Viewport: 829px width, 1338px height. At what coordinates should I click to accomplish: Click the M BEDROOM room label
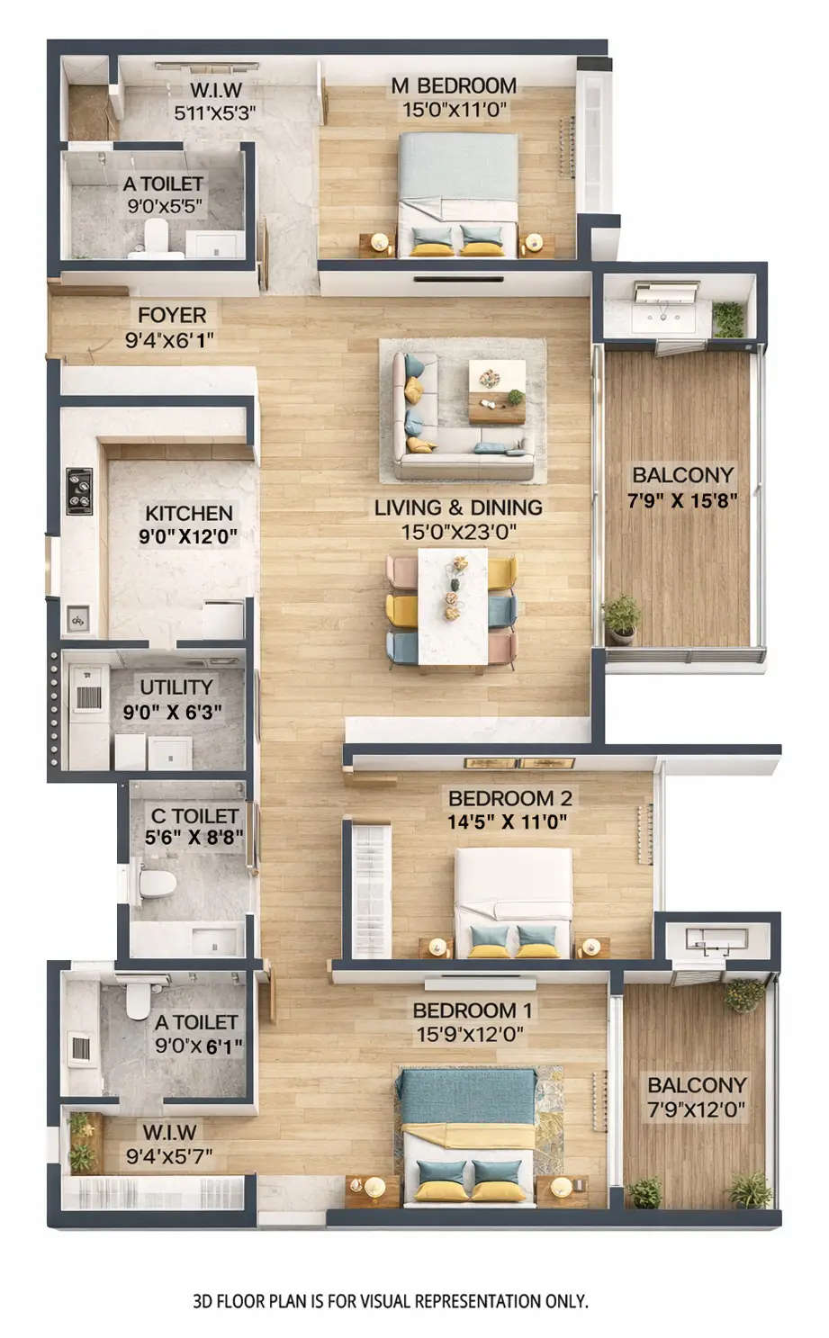[454, 86]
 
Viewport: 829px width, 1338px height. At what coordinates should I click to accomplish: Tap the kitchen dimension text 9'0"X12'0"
[188, 537]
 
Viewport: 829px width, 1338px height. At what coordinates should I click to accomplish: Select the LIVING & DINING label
[458, 507]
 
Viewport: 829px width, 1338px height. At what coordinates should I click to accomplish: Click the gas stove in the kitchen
[79, 491]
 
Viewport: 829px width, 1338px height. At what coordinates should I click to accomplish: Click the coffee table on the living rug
[497, 391]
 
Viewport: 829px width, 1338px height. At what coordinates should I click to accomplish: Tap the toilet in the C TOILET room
[157, 882]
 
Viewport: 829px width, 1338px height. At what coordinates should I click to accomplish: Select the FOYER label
[172, 316]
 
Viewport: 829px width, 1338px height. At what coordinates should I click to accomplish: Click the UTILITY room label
[176, 687]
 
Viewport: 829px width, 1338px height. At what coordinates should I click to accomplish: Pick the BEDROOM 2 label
[509, 798]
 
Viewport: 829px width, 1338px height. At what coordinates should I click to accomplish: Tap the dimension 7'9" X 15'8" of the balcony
[682, 500]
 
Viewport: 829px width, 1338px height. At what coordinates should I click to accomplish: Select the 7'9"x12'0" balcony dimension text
[697, 1110]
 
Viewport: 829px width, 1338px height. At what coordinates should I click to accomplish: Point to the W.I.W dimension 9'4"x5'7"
[169, 1156]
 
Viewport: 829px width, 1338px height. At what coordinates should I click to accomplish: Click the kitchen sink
[78, 619]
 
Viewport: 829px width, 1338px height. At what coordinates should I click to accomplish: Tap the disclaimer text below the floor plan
[390, 1301]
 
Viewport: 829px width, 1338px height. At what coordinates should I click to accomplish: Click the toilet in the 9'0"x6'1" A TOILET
[138, 999]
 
